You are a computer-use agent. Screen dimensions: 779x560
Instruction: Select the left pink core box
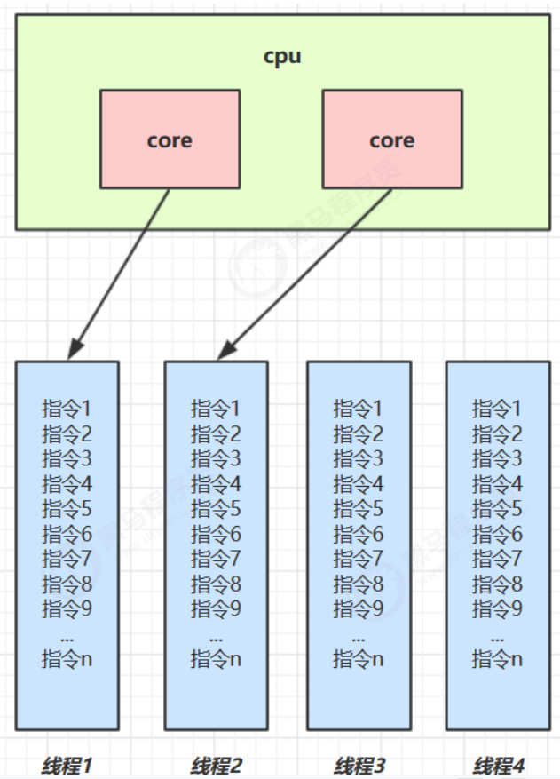pos(170,139)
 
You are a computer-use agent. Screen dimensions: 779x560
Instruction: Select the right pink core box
pos(391,139)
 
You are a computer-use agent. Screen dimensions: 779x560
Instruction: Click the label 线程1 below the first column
pos(67,763)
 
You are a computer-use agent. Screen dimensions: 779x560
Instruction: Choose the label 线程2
pos(216,763)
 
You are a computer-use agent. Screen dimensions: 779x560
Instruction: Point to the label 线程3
pos(359,763)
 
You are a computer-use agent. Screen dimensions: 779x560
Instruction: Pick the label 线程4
pos(499,763)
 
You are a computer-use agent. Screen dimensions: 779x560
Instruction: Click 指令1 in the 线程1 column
pos(67,409)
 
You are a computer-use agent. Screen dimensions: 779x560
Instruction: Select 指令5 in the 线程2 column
pos(216,509)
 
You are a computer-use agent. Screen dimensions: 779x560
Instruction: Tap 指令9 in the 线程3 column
pos(359,608)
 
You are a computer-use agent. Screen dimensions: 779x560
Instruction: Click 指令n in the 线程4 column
pos(497,659)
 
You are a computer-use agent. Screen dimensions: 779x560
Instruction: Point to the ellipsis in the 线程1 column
pos(67,636)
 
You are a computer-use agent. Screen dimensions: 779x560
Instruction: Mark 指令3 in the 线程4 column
pos(497,459)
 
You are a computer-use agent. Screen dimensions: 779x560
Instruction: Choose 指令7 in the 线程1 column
pos(67,559)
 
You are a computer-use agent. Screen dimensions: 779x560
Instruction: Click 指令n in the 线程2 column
pos(216,659)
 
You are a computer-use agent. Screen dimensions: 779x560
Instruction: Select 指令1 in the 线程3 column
pos(359,409)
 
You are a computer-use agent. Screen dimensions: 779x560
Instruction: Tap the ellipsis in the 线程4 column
pos(497,636)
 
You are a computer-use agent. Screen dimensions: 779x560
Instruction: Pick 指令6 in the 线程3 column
pos(359,534)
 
